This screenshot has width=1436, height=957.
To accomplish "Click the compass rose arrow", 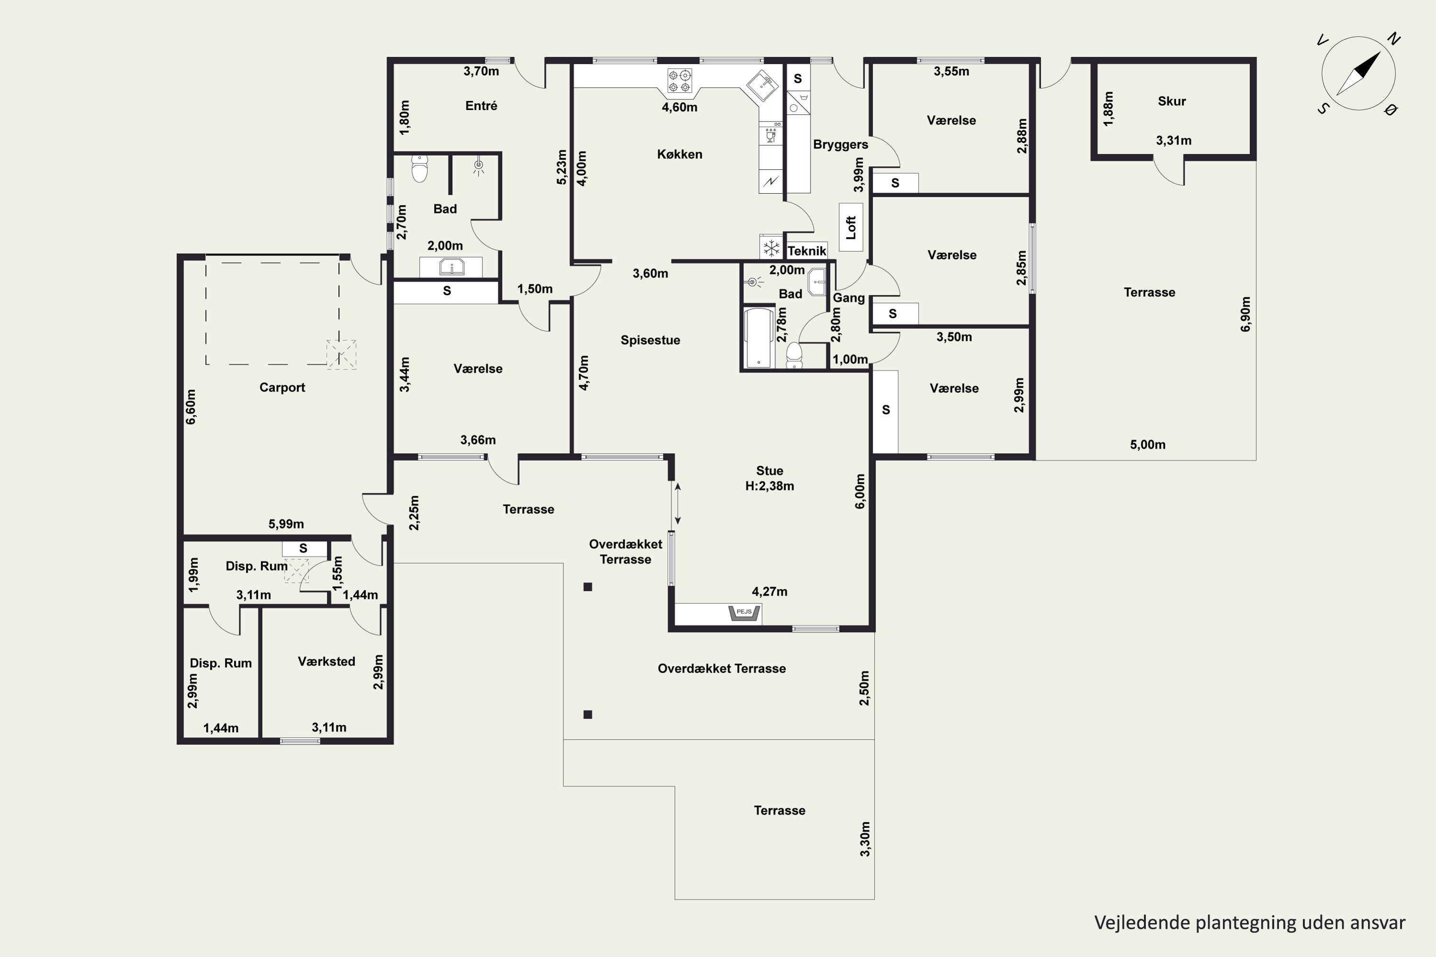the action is pos(1358,73).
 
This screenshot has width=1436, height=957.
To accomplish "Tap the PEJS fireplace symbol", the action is pos(744,613).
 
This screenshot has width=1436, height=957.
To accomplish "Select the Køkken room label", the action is pos(680,155).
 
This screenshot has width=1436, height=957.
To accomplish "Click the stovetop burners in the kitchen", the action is pos(680,82).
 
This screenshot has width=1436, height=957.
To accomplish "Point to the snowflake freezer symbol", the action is pos(772,248).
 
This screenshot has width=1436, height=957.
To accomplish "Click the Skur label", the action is pos(1172,101).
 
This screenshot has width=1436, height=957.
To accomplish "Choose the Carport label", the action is pos(282,388).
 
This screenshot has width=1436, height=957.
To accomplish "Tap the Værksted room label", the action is pos(326,662).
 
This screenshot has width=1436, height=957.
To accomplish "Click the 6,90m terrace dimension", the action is pos(1245,314).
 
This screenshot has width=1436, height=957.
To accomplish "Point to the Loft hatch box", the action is pos(851,227).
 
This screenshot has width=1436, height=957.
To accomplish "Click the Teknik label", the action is pos(807,251).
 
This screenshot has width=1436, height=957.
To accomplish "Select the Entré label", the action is pos(481,106).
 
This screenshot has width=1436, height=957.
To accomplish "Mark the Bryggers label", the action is pos(841,145).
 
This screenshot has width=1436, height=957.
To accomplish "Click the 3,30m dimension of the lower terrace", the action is pos(865,839).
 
